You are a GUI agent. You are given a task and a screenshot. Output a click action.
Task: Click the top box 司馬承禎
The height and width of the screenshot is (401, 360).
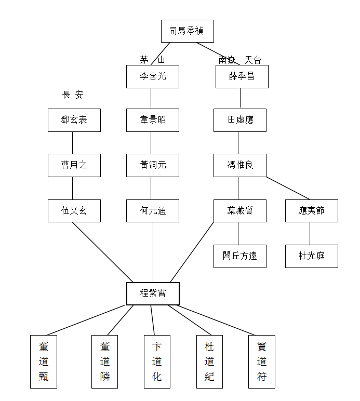click(187, 31)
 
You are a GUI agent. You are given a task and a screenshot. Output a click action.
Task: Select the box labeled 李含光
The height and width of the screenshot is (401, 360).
click(153, 76)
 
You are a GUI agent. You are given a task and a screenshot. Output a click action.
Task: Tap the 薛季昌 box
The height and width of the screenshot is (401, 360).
click(242, 76)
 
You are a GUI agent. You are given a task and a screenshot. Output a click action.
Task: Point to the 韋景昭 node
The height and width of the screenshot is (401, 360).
click(153, 120)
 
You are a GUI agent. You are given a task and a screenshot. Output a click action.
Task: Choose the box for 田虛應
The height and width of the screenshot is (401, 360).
click(239, 120)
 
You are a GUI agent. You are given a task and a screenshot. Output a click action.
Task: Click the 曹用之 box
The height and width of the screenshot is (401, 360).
click(74, 165)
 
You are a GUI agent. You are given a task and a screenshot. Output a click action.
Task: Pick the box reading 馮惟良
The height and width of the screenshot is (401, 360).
click(239, 165)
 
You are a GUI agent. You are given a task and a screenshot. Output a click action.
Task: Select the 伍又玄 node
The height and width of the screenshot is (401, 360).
click(74, 211)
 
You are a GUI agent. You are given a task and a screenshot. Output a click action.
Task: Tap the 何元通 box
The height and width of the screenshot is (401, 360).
click(153, 211)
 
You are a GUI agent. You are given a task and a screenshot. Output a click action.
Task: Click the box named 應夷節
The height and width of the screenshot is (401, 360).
click(311, 211)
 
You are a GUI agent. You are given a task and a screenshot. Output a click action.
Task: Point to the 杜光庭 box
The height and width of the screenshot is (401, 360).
click(311, 256)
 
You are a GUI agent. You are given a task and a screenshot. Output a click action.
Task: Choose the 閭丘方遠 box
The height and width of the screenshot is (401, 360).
click(239, 256)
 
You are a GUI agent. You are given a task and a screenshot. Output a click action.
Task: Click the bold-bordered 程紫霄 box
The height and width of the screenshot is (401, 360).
click(153, 293)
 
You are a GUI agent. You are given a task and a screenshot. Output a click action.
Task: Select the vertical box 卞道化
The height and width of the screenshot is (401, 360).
click(157, 362)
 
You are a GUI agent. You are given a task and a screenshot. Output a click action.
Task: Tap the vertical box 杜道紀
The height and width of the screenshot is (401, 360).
click(209, 362)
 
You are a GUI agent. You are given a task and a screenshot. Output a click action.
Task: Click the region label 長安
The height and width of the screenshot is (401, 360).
click(73, 95)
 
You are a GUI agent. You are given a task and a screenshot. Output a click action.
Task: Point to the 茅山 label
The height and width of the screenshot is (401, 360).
click(152, 60)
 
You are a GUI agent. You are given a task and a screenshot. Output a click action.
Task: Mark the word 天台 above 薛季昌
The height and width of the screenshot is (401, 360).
click(253, 60)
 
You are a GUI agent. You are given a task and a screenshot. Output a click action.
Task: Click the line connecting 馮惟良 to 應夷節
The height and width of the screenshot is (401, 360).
click(288, 188)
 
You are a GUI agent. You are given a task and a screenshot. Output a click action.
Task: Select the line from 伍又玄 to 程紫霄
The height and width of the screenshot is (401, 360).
click(103, 252)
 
